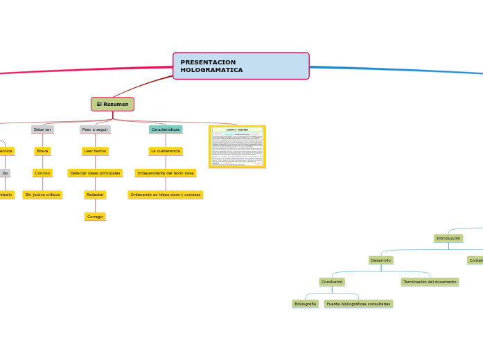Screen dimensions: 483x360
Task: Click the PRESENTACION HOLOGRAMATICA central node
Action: [240, 66]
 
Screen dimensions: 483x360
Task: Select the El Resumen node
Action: [112, 104]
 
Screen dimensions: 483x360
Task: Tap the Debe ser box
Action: [42, 129]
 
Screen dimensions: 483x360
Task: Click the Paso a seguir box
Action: [95, 129]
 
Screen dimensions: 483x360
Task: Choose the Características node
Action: [166, 129]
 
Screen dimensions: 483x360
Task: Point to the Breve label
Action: [42, 151]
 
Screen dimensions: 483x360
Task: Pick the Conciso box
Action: [42, 173]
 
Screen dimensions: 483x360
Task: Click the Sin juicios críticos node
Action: [42, 195]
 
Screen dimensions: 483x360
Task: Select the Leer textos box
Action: [95, 151]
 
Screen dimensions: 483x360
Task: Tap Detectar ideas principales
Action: [95, 173]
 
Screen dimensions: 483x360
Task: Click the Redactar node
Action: [95, 195]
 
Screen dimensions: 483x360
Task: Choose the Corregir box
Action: [95, 217]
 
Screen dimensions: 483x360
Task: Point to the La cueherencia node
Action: [166, 151]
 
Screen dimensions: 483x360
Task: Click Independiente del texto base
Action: [166, 173]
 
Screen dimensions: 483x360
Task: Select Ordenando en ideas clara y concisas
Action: [166, 195]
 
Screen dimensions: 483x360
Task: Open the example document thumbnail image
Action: [237, 146]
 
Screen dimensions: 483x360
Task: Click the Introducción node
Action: [448, 238]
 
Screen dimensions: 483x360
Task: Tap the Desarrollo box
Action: [381, 260]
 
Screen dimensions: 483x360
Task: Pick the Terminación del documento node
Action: [430, 282]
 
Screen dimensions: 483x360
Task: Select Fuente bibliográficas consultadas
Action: [358, 304]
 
